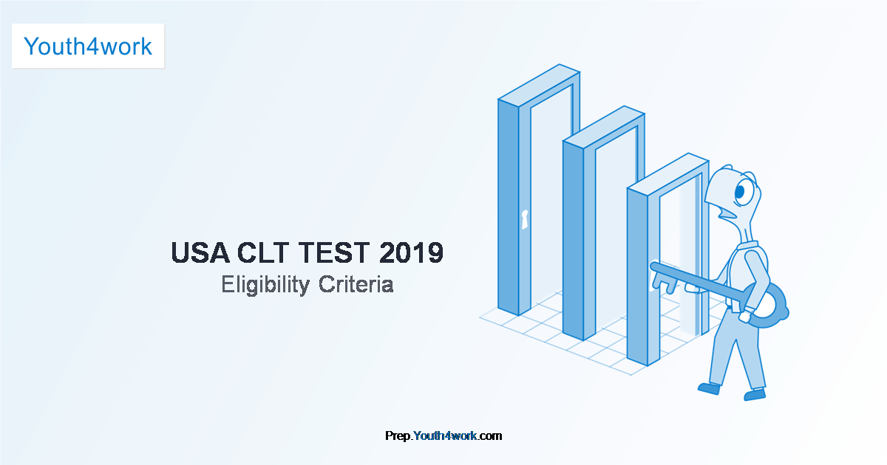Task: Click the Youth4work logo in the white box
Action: (x=88, y=46)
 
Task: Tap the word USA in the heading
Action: (x=200, y=252)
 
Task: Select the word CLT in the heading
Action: (x=263, y=252)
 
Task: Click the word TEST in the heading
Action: (x=334, y=252)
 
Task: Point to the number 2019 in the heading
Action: (x=411, y=252)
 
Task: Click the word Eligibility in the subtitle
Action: (x=265, y=285)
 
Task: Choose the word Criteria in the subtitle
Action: (x=356, y=284)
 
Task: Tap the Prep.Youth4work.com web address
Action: (x=443, y=435)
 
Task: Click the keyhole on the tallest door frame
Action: (x=525, y=219)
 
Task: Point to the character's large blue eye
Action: (x=740, y=192)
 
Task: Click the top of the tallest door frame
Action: (x=539, y=85)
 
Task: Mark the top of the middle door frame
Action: (x=604, y=127)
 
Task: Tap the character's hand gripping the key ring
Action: (x=745, y=316)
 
